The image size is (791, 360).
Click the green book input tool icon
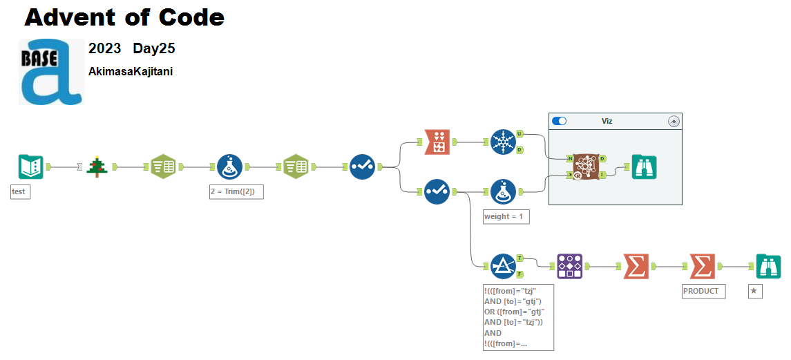tap(30, 167)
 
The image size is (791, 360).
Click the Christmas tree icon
tap(97, 167)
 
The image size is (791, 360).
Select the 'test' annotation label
tap(21, 192)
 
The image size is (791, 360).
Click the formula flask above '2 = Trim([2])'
tap(229, 167)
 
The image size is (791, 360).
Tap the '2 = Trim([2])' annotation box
tap(236, 192)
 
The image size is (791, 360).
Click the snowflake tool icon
tap(503, 142)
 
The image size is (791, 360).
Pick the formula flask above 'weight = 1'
tap(503, 191)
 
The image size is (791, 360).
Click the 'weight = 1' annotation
tap(506, 216)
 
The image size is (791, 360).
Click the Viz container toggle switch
tap(560, 121)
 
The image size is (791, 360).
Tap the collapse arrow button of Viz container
tap(674, 121)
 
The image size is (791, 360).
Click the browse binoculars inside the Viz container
tap(644, 167)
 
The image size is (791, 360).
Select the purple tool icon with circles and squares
tap(569, 266)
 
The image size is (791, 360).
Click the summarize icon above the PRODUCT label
tap(702, 266)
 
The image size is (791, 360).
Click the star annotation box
tap(754, 291)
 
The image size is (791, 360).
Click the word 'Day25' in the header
tap(154, 49)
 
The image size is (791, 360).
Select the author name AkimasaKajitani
tap(131, 71)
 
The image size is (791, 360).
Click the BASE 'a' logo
tap(51, 72)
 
